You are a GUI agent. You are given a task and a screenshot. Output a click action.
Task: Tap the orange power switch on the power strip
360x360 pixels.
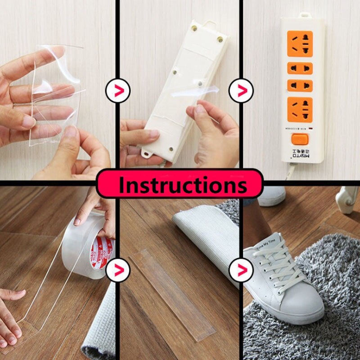(x=300, y=139)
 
